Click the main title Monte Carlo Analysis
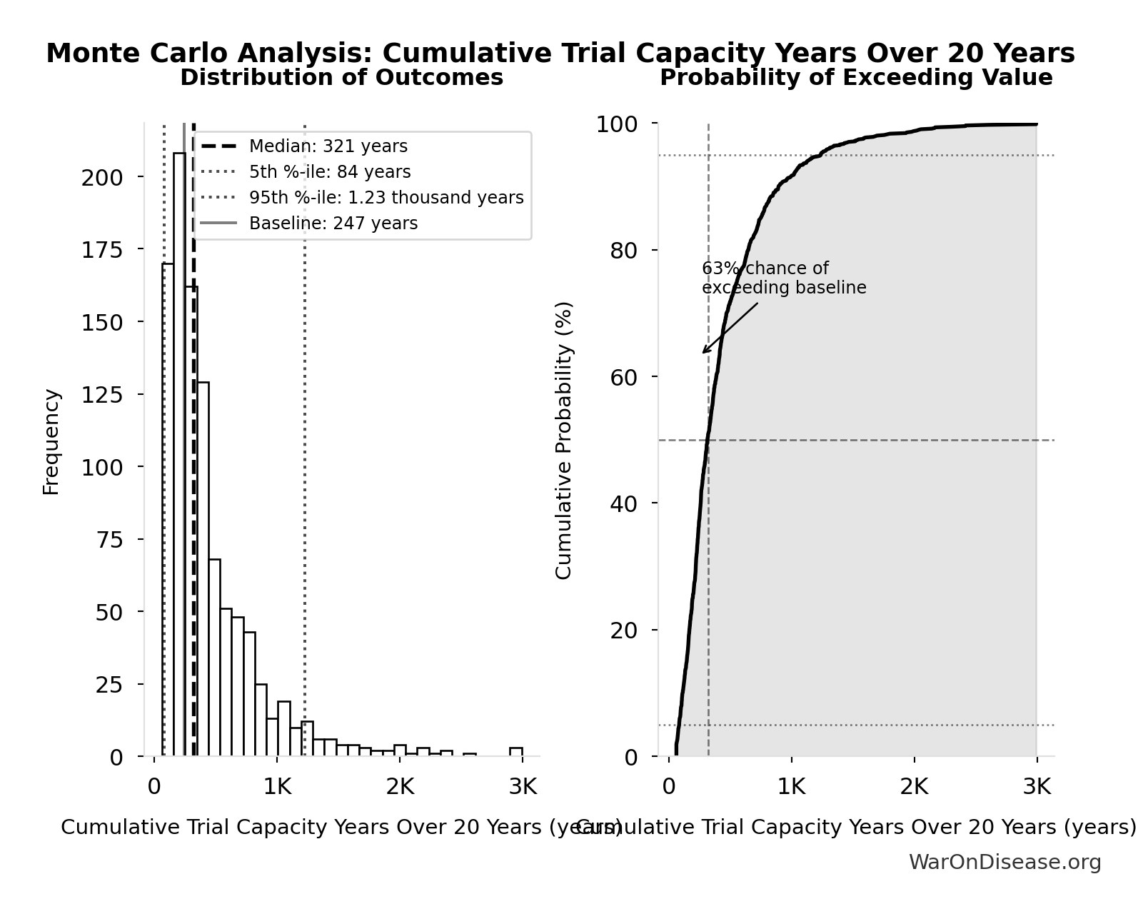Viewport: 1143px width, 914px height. (560, 54)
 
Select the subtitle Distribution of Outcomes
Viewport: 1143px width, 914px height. (341, 78)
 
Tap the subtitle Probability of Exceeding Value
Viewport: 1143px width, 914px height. (855, 78)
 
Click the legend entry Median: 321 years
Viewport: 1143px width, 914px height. (328, 146)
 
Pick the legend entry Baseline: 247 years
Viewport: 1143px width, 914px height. (333, 224)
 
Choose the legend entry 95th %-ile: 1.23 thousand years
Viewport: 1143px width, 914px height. (386, 198)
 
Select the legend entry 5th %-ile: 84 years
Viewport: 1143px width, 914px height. (329, 172)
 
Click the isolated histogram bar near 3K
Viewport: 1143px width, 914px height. (515, 751)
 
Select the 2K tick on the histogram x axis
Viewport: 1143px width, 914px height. (399, 787)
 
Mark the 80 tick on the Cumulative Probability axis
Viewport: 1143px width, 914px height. (623, 251)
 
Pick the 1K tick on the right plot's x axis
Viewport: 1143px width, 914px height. (791, 787)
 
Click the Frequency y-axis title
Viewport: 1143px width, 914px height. (51, 441)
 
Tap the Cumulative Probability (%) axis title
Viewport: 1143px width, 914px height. (564, 440)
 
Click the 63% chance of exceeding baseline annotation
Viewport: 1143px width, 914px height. (783, 278)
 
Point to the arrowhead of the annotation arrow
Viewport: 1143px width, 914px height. (703, 352)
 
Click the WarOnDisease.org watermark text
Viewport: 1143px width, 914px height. (1004, 863)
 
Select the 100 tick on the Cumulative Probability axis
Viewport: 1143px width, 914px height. (616, 124)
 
